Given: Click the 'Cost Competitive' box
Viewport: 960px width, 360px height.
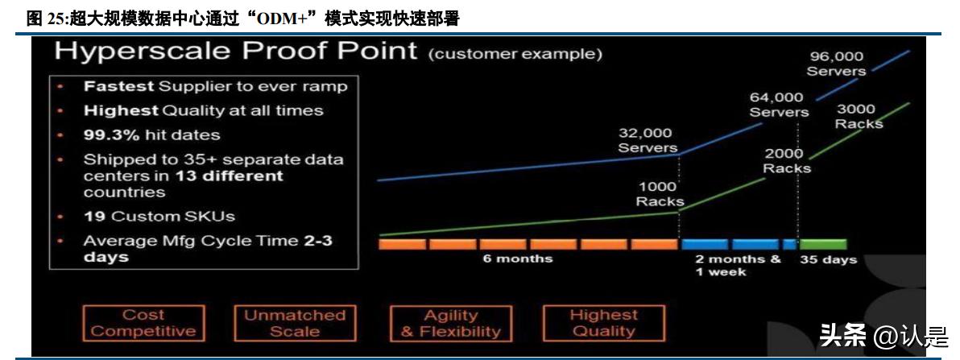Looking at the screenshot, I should (x=143, y=323).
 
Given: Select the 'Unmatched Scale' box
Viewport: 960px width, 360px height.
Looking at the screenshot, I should (x=295, y=323).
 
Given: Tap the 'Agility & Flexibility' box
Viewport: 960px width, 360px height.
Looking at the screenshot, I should (x=450, y=323).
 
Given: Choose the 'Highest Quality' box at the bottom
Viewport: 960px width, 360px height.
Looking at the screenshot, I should (x=603, y=323).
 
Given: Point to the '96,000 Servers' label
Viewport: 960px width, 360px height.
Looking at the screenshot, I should (x=836, y=64).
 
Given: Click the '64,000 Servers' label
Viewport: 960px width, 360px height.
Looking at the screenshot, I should (x=778, y=105).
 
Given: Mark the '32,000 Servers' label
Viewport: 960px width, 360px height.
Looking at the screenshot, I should (x=648, y=140).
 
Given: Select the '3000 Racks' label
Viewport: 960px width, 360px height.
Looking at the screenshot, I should (x=858, y=117).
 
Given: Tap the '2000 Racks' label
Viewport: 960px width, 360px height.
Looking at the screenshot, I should (x=786, y=161).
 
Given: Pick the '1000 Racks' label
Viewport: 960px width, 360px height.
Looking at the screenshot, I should (x=660, y=194).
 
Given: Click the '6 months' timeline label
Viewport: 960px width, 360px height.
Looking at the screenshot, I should (x=517, y=259).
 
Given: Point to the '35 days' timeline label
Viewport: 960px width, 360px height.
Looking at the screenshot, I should (x=828, y=260).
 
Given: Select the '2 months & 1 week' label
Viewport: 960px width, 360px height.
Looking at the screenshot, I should (x=738, y=266).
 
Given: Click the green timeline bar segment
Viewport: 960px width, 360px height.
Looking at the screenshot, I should (x=822, y=244).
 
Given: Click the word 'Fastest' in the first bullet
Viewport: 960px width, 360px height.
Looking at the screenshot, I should (x=119, y=86).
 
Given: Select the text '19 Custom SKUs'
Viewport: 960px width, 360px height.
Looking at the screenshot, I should (x=159, y=217).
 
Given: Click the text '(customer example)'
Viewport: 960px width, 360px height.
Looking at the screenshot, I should (x=515, y=55).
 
